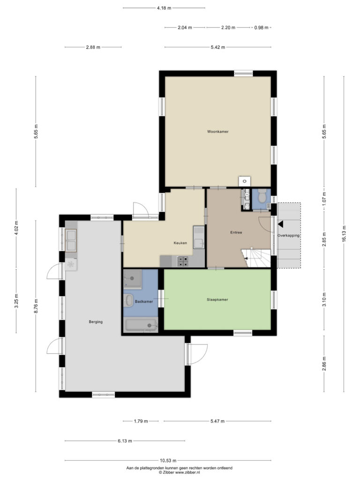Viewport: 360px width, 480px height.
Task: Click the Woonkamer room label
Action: pos(217,132)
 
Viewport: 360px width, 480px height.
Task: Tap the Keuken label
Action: pos(180,243)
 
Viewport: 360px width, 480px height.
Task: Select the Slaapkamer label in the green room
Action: pos(217,300)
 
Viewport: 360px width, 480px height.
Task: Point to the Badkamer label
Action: pos(144,301)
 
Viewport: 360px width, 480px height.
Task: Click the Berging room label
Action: pos(96,322)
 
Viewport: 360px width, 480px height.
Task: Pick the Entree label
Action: pos(236,232)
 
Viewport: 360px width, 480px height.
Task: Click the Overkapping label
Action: pos(288,236)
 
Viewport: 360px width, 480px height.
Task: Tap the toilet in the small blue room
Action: pos(262,196)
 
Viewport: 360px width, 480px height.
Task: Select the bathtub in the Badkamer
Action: pos(141,325)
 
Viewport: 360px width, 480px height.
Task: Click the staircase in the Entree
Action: pos(256,258)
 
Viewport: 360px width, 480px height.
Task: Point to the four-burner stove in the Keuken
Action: pos(183,261)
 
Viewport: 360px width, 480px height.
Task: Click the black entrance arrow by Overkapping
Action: pos(280,225)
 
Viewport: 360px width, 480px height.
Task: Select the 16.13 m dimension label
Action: pos(344,234)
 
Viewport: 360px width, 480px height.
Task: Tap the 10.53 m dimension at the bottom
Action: pos(168,460)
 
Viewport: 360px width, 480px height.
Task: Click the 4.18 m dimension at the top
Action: pos(164,8)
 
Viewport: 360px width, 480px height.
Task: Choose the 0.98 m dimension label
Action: pos(261,28)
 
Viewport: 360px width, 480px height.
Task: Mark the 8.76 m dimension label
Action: pos(36,306)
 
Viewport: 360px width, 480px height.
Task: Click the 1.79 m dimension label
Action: pos(141,421)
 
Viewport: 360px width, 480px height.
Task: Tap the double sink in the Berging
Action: pos(71,240)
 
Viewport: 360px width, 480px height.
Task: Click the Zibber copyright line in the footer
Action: pos(179,472)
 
